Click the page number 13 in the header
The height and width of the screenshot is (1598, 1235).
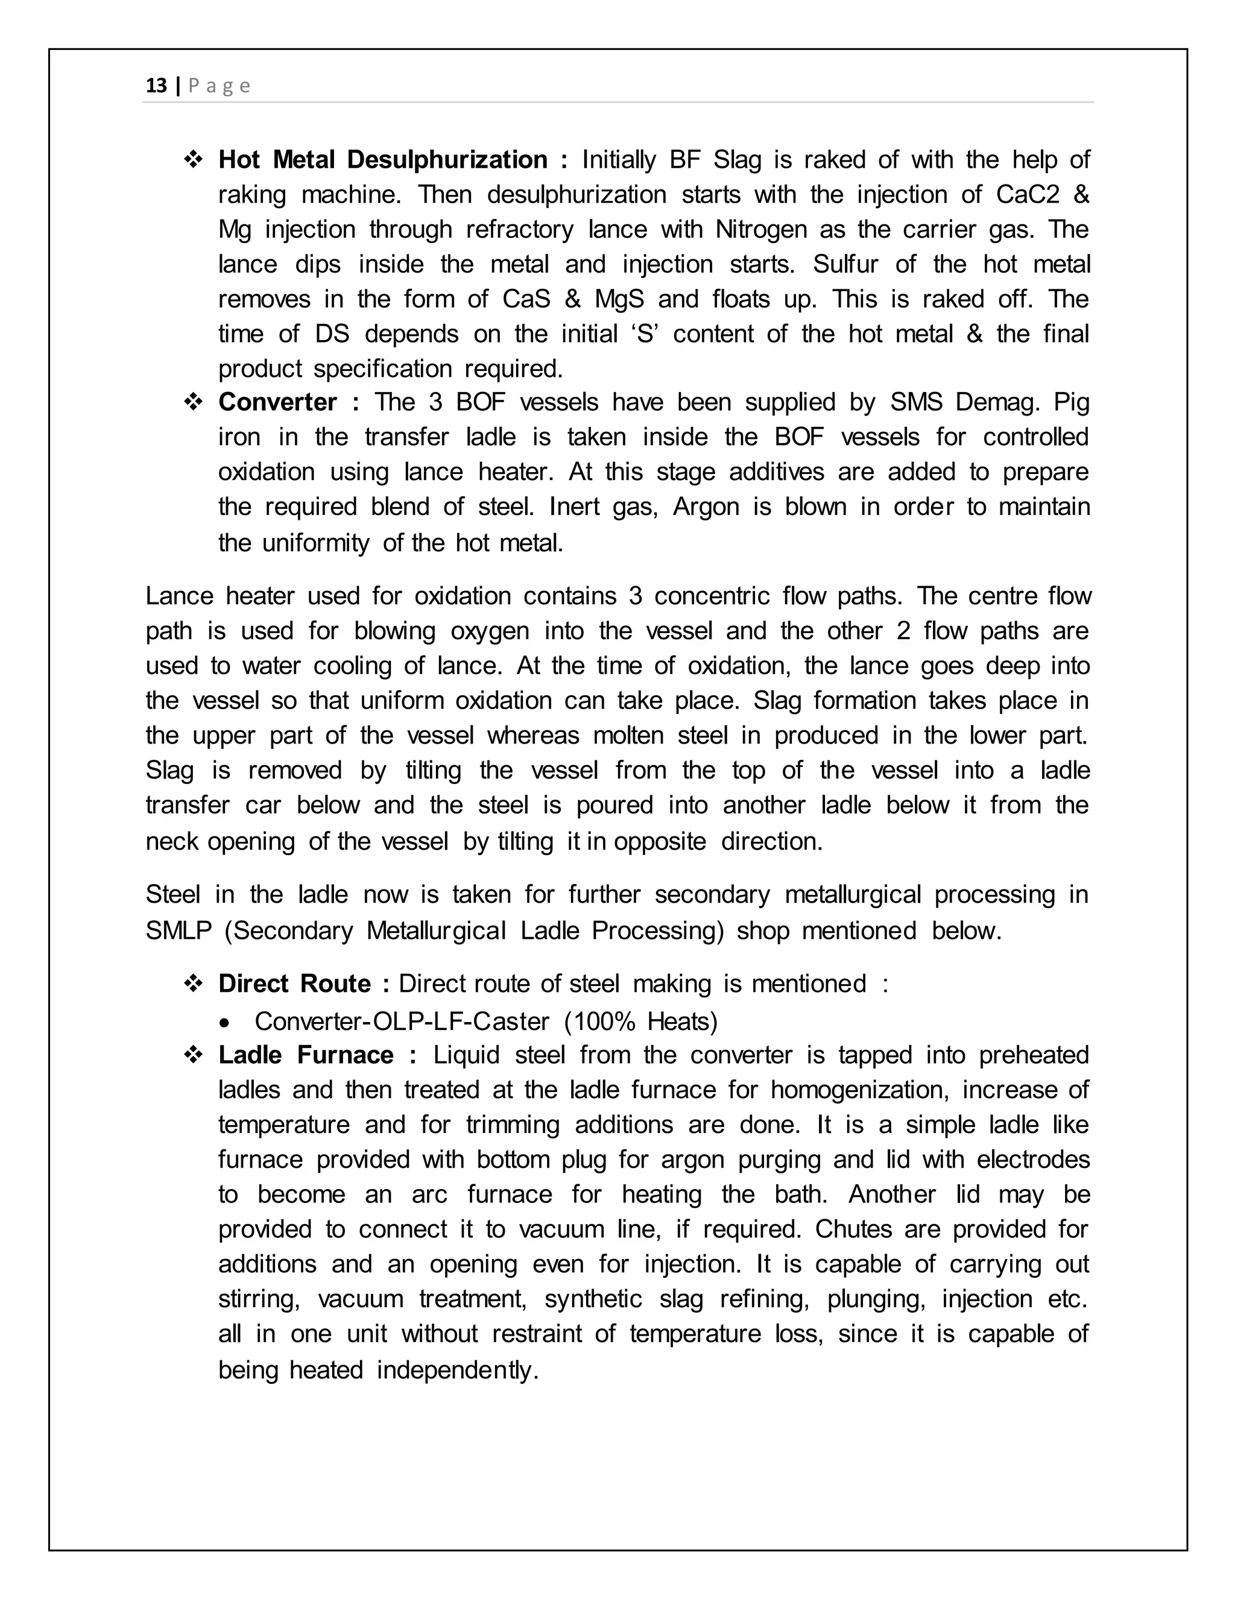point(157,86)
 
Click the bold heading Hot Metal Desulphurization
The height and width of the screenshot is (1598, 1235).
point(382,160)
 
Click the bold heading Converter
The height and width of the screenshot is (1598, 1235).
point(277,402)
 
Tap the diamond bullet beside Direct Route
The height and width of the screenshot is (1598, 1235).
point(194,984)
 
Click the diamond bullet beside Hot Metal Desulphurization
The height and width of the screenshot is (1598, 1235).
point(194,160)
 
